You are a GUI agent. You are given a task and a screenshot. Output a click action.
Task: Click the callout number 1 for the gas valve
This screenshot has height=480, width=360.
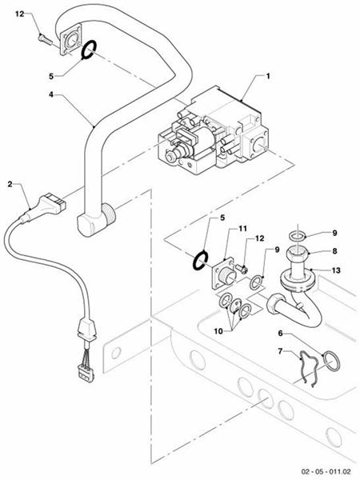click(268, 76)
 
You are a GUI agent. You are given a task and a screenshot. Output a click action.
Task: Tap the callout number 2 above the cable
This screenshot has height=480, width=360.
click(10, 183)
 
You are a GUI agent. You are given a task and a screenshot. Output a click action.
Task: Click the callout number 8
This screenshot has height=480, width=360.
click(336, 250)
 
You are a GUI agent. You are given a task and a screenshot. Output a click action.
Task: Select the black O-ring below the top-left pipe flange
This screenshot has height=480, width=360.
click(89, 51)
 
